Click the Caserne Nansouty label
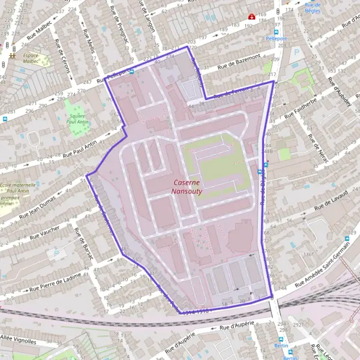[x=187, y=187]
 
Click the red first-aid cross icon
[x=252, y=17]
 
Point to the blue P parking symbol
[x=296, y=53]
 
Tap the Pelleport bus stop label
[x=277, y=38]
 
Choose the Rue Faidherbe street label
[x=301, y=107]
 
